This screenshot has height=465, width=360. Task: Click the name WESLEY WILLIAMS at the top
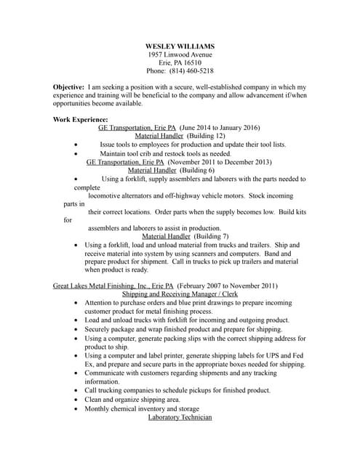(180, 46)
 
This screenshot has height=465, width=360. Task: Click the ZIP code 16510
(191, 63)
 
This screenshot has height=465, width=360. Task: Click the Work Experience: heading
(81, 119)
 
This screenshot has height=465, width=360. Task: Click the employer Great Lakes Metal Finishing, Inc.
(102, 286)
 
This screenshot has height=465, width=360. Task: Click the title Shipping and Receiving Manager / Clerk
(180, 295)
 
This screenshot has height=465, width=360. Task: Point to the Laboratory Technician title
(180, 417)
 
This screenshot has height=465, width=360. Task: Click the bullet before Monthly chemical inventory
(78, 408)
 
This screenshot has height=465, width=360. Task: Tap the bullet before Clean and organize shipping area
(78, 400)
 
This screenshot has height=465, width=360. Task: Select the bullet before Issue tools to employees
(76, 145)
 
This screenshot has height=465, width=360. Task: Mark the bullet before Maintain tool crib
(76, 153)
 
